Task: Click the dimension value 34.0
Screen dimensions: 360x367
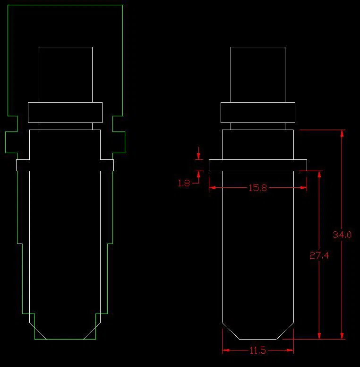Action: tap(342, 235)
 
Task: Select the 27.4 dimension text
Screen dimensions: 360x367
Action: tap(319, 255)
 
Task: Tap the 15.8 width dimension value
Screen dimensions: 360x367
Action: tap(257, 188)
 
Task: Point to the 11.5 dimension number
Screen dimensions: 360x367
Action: tap(257, 350)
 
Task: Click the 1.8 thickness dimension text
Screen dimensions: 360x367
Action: tap(184, 183)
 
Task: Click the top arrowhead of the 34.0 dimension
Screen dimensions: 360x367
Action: tap(342, 133)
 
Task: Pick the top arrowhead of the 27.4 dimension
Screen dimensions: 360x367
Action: tap(319, 175)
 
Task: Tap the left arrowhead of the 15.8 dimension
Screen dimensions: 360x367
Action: tap(213, 187)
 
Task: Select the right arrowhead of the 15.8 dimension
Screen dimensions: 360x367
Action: tap(303, 187)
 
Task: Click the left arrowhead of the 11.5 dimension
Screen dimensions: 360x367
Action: tap(226, 350)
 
